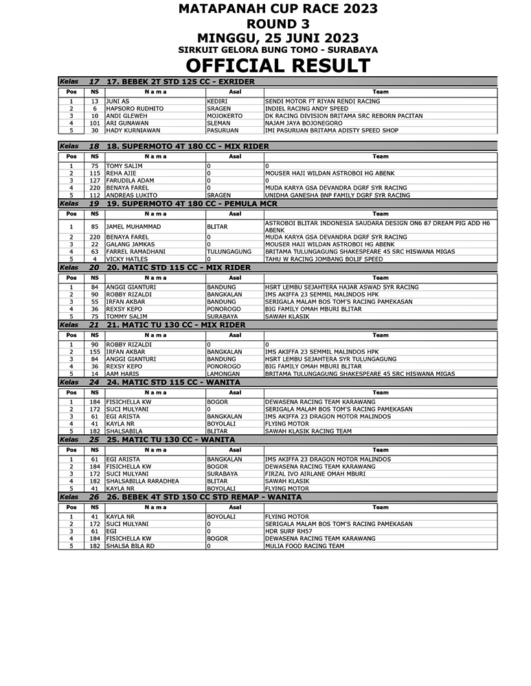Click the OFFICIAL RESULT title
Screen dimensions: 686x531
click(x=278, y=66)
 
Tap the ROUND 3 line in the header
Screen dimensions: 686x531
click(x=278, y=23)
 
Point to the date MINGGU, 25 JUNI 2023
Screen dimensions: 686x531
click(x=278, y=38)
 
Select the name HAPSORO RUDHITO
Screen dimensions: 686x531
click(x=135, y=108)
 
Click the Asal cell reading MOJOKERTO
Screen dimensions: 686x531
click(x=225, y=116)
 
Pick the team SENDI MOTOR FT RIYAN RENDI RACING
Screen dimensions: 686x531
click(x=322, y=102)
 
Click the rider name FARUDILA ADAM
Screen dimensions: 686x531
click(x=130, y=180)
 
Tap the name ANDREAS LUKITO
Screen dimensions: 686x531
click(x=133, y=195)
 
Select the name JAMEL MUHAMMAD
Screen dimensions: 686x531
click(x=133, y=226)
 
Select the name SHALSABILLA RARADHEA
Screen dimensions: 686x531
click(x=142, y=482)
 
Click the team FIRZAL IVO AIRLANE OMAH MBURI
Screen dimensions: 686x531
click(x=315, y=474)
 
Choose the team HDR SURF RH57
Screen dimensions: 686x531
click(x=289, y=531)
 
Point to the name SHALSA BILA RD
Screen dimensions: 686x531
click(x=131, y=546)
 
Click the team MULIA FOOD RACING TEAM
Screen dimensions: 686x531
click(x=304, y=546)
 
